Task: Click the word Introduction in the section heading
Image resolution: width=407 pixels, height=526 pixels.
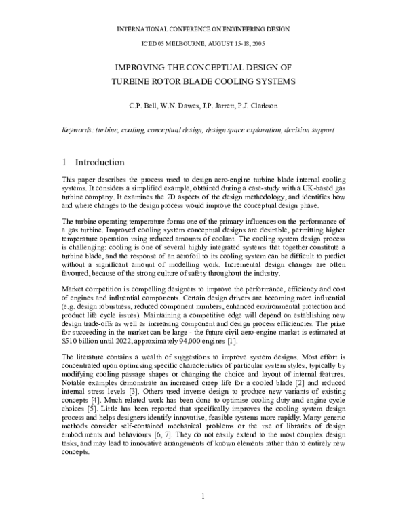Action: pyautogui.click(x=100, y=162)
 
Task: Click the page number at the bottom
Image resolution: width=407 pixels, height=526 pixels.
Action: pyautogui.click(x=203, y=499)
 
